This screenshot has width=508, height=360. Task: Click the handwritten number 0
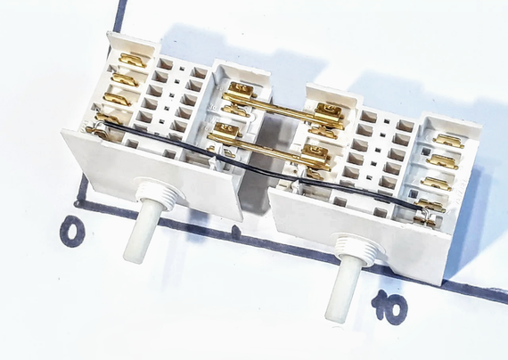[x=73, y=232]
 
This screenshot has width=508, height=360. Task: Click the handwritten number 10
[x=389, y=307]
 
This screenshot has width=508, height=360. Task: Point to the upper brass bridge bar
[x=283, y=108]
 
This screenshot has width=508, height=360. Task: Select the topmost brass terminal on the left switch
[x=132, y=61]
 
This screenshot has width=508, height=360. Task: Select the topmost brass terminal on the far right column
[x=448, y=141]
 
